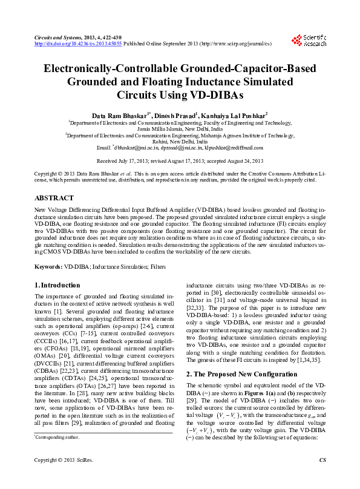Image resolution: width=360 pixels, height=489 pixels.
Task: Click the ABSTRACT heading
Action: (x=54, y=198)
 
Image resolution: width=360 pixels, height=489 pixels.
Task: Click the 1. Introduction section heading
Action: (x=57, y=285)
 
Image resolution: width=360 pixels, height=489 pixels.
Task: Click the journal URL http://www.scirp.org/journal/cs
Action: (x=232, y=44)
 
